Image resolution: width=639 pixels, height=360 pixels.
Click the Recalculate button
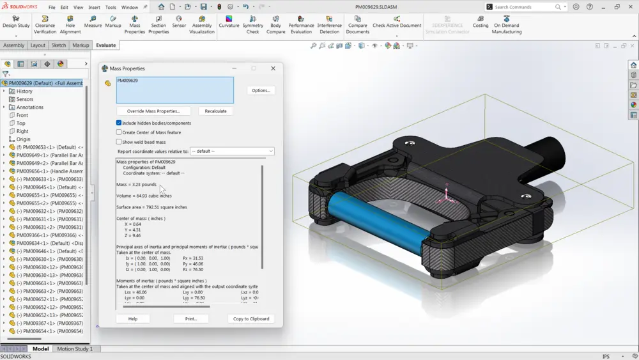tap(215, 111)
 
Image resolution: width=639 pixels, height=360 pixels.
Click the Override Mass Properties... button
tap(153, 111)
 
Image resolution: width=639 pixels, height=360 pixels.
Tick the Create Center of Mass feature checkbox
tap(119, 132)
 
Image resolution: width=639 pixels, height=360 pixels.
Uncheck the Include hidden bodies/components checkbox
tap(119, 123)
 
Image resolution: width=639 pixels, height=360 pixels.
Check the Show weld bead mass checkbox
tap(119, 142)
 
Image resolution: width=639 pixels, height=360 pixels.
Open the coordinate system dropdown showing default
tap(232, 152)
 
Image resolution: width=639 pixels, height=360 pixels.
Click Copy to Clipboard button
tap(250, 318)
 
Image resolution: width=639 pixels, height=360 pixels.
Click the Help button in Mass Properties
tap(133, 318)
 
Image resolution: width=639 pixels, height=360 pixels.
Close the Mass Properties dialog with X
tap(273, 68)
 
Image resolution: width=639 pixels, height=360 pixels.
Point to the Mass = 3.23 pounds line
tap(136, 184)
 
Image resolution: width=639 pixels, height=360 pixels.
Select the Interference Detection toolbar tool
tap(329, 25)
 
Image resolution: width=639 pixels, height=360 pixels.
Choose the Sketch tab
tap(59, 45)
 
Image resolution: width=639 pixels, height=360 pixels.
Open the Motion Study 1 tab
tap(75, 349)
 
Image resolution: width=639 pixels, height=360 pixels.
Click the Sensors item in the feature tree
tap(25, 99)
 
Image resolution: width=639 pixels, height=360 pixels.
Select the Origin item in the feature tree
tap(23, 139)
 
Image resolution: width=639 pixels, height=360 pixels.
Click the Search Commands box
tap(523, 7)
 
